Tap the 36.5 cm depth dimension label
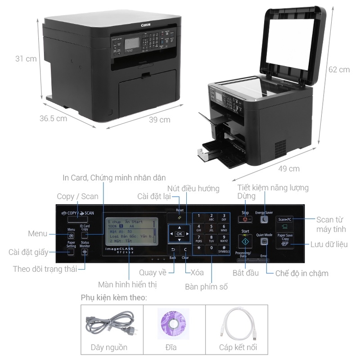coord(53,119)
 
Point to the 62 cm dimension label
coord(339,70)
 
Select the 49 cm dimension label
coord(288,169)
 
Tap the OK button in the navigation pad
coord(180,234)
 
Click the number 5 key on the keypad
coord(211,228)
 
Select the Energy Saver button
coord(264,220)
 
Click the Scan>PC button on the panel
coord(285,219)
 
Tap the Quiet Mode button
coord(264,242)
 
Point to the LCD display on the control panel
coord(131,234)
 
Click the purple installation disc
coord(174,324)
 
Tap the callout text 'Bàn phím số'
coord(206,286)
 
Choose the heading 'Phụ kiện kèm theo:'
coord(113,297)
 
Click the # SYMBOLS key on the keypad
coord(224,248)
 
